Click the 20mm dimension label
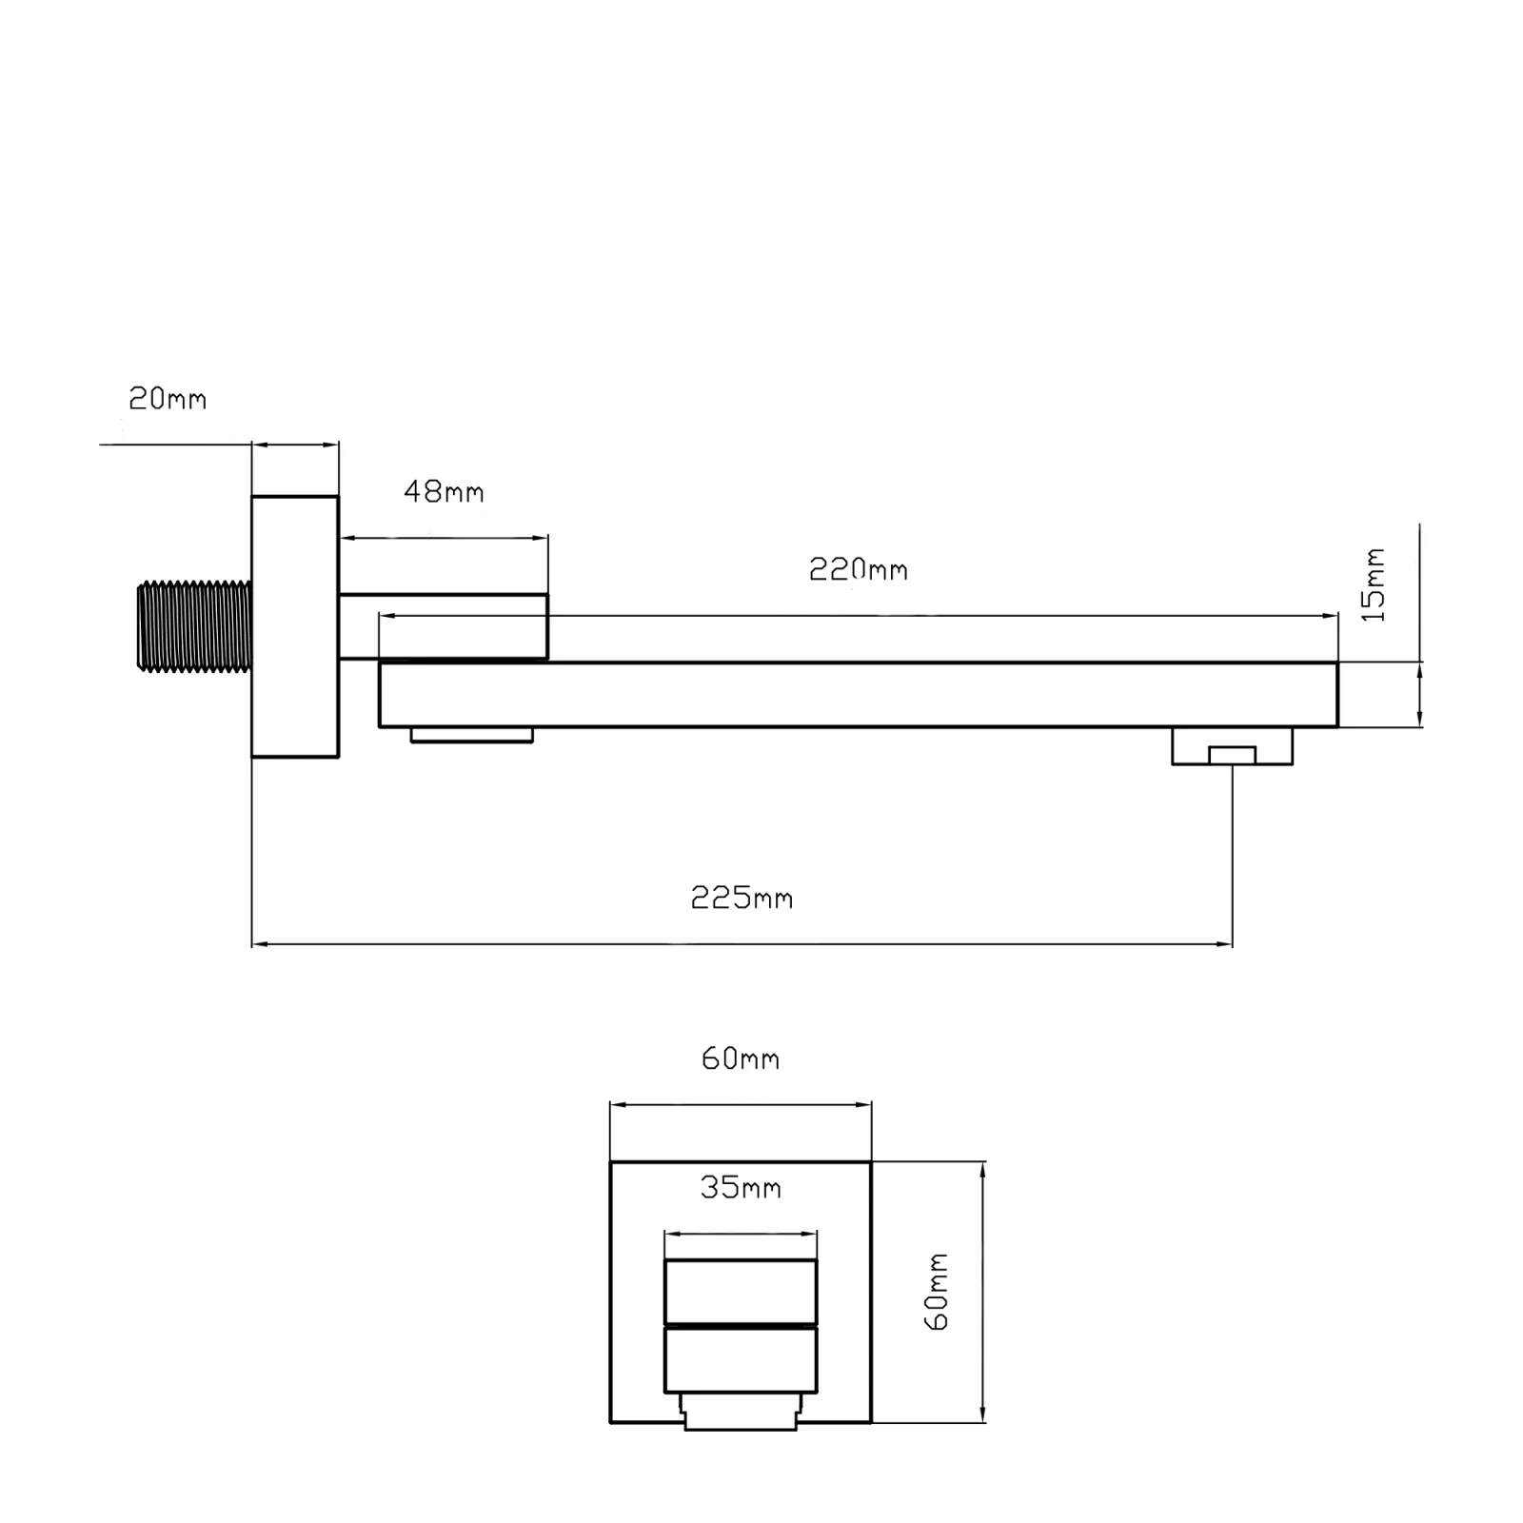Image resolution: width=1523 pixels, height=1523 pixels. (x=168, y=399)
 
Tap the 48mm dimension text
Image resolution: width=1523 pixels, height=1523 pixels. (x=444, y=492)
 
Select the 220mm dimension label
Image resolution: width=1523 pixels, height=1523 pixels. (x=859, y=569)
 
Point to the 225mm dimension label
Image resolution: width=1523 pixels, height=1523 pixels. (x=742, y=898)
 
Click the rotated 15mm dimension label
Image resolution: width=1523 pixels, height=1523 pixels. (x=1374, y=584)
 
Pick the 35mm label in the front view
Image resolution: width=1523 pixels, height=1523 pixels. (x=741, y=1188)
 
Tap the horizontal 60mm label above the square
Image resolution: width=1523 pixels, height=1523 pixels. (x=741, y=1058)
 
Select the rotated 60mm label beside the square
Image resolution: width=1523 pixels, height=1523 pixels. (x=937, y=1292)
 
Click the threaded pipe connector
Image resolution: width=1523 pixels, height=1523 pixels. (x=194, y=626)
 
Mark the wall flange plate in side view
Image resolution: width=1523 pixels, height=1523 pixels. (x=295, y=626)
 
